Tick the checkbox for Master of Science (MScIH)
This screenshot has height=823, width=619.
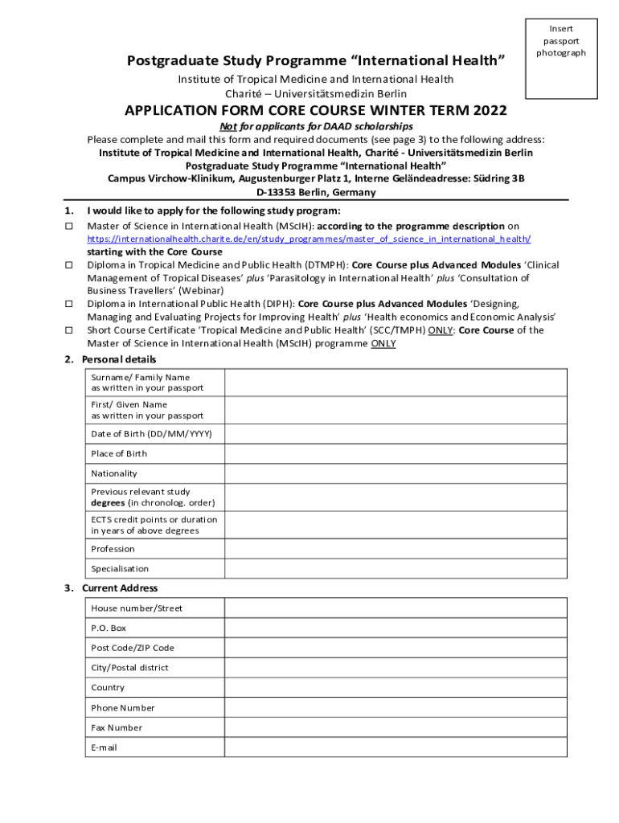coord(68,227)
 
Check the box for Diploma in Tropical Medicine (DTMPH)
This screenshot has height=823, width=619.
coord(68,265)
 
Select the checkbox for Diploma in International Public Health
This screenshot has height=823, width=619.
coord(68,305)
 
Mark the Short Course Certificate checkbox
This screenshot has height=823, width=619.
coord(68,330)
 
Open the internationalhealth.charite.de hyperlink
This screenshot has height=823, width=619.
coord(309,240)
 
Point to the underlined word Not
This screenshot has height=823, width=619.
coord(228,127)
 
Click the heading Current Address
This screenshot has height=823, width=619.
coord(120,588)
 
